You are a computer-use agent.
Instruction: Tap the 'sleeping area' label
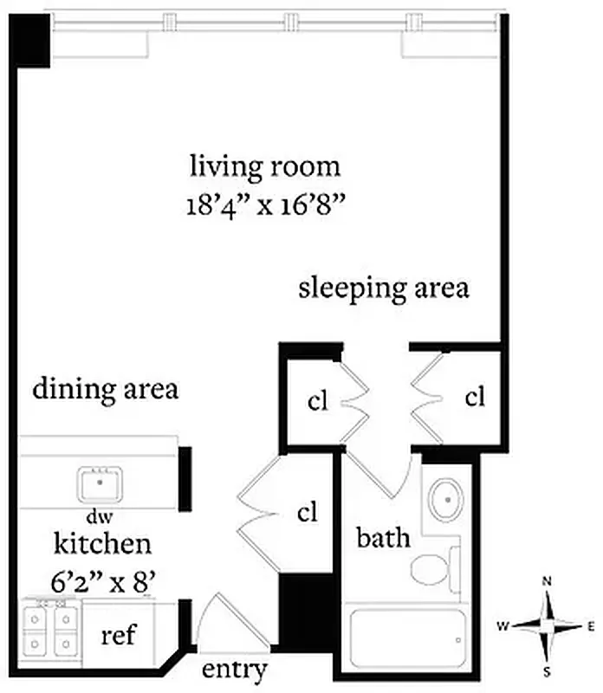click(x=384, y=288)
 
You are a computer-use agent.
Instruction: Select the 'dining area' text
click(x=106, y=389)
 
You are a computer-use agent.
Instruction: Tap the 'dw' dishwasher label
click(x=94, y=516)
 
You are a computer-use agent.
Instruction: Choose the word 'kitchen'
click(x=103, y=544)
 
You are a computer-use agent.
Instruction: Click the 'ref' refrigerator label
click(x=120, y=636)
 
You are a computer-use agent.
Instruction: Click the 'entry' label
click(x=233, y=670)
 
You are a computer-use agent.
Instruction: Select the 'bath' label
click(x=384, y=538)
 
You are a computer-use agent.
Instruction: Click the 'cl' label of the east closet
click(x=474, y=398)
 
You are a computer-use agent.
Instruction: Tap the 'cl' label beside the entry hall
click(x=308, y=513)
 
